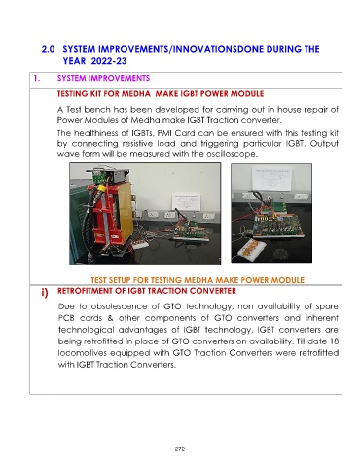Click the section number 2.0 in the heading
coord(48,49)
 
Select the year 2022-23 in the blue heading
coord(109,61)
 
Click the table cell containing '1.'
coord(42,80)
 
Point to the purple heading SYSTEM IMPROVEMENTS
coord(103,78)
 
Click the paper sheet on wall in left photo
coord(186,202)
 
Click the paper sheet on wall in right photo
coord(271,178)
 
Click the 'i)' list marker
coord(45,293)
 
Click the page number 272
coord(180,449)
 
